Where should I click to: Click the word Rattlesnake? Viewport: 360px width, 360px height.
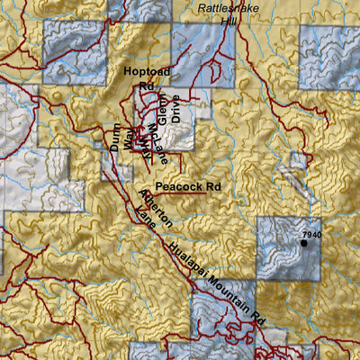(x=230, y=6)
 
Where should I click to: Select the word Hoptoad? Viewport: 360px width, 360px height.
(x=146, y=69)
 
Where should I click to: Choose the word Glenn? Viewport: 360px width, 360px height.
(x=162, y=107)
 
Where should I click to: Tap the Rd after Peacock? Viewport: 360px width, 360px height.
(x=212, y=186)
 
